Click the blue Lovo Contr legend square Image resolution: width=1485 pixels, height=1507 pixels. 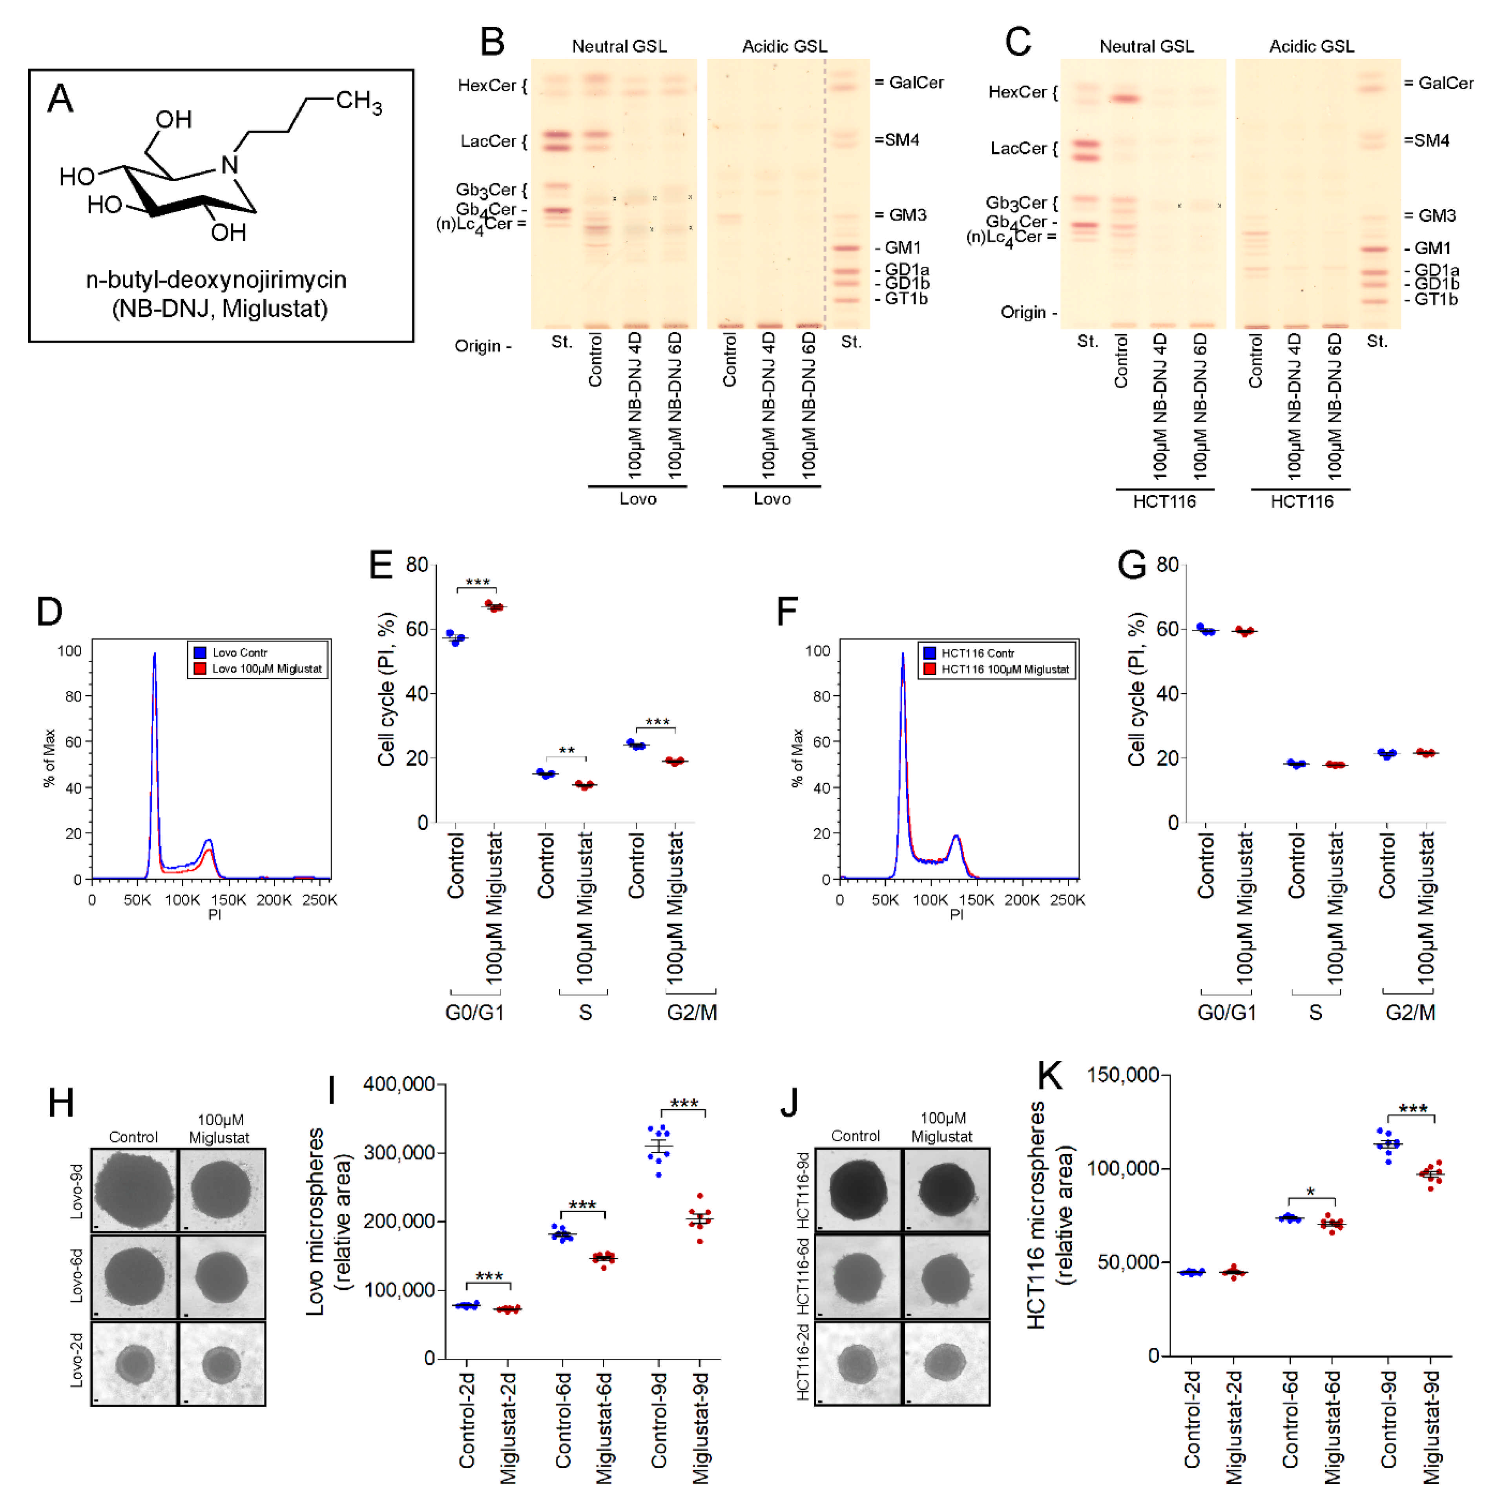click(200, 652)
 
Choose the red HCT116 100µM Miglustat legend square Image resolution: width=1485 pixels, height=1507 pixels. click(929, 669)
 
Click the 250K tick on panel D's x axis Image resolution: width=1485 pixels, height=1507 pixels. click(320, 900)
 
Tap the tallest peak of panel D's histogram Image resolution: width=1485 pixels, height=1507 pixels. click(155, 655)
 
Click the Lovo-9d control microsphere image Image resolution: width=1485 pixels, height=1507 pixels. click(134, 1190)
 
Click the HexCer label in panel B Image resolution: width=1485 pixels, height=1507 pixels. click(487, 86)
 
